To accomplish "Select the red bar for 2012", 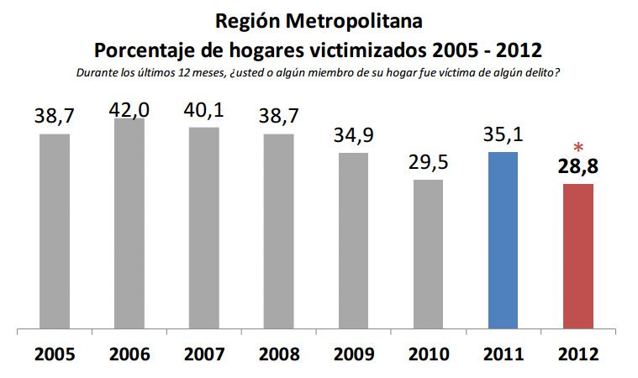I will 577,256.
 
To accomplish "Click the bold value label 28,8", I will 578,166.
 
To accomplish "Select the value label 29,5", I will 428,163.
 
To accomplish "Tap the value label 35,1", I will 503,135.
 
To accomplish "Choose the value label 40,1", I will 203,111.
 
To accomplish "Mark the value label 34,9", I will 353,136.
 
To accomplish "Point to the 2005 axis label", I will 55,354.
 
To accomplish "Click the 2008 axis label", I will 278,354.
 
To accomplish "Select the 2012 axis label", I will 577,354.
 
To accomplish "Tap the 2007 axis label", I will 203,354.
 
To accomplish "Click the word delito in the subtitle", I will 542,72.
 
